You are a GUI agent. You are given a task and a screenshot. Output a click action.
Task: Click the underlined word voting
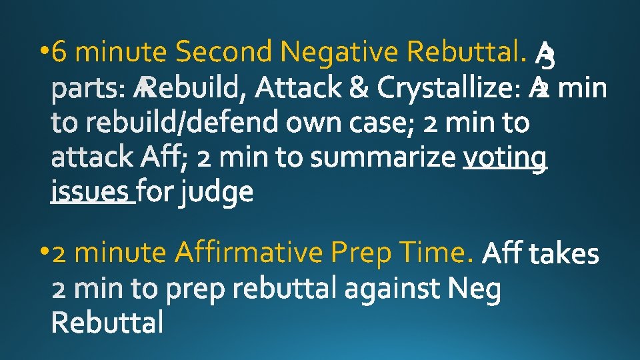pos(505,158)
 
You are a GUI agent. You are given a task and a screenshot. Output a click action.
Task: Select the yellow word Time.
pos(439,253)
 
